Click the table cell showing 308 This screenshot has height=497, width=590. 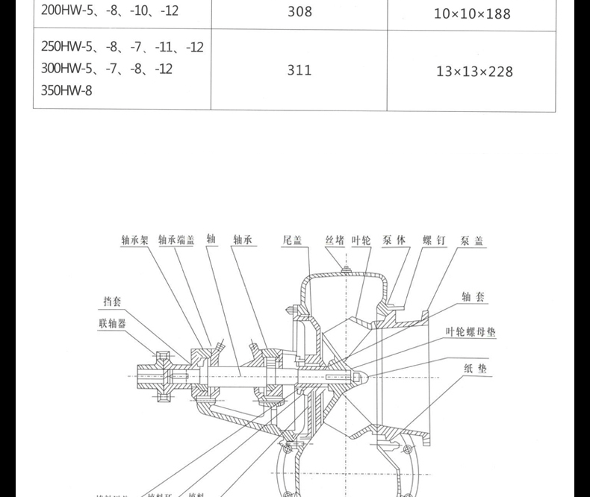coord(299,12)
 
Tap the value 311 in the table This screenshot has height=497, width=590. coord(299,70)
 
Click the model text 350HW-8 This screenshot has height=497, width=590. coord(69,91)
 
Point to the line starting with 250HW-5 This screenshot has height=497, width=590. coord(122,47)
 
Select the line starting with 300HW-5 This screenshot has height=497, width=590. coord(107,69)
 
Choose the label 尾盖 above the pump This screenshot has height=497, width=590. coord(292,240)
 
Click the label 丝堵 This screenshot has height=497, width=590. coord(335,240)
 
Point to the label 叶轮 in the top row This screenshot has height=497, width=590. coord(361,240)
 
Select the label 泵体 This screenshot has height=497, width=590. coord(394,240)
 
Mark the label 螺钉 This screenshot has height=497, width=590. coord(434,240)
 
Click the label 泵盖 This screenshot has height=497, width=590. coord(473,240)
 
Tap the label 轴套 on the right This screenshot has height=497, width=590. coord(474,297)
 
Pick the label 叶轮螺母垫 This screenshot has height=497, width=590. coord(471,333)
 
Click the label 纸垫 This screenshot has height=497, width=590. coord(474,368)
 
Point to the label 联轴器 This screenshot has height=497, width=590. coord(112,323)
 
